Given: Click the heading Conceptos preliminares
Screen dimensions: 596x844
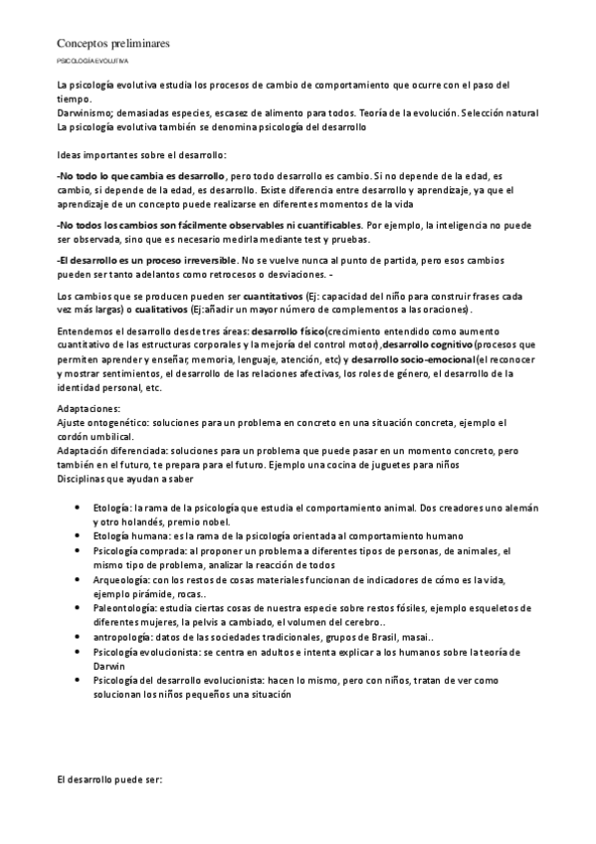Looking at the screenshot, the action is coord(112,44).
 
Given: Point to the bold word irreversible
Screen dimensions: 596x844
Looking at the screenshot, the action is coord(206,259).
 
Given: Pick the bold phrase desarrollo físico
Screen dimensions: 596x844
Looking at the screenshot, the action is coord(291,329).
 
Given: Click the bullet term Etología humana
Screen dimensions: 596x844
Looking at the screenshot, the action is coord(124,535).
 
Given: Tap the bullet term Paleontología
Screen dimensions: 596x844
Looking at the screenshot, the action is coord(122,604).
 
